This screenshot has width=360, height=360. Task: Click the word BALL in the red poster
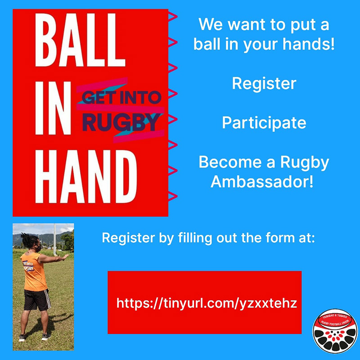click(80, 40)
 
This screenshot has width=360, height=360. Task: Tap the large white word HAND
click(86, 176)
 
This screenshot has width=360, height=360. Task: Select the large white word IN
click(53, 108)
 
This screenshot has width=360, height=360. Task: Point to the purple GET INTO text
click(121, 97)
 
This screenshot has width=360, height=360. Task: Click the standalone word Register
click(264, 84)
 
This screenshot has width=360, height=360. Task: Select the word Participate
click(264, 123)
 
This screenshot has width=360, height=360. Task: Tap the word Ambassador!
click(262, 182)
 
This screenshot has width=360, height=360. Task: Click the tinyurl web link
click(207, 303)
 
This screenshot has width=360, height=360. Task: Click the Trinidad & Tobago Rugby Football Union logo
click(335, 331)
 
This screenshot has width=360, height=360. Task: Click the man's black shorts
click(37, 300)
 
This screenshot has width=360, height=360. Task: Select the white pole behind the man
click(55, 239)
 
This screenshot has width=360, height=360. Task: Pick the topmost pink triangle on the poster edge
click(173, 17)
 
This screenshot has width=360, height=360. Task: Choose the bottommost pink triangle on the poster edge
click(173, 196)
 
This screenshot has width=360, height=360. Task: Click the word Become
click(230, 162)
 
